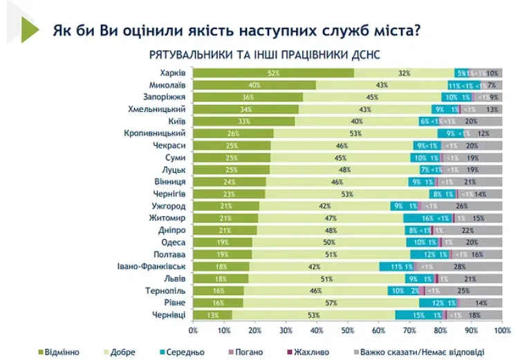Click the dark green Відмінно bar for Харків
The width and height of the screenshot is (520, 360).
(273, 73)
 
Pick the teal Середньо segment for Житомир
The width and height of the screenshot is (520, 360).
(428, 218)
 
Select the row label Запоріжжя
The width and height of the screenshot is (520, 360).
(164, 97)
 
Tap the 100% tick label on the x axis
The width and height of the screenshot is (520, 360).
(501, 330)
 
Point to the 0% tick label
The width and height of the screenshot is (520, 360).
(193, 330)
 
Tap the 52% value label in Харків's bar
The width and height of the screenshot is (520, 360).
(273, 73)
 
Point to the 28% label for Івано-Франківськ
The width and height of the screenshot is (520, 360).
(458, 266)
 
